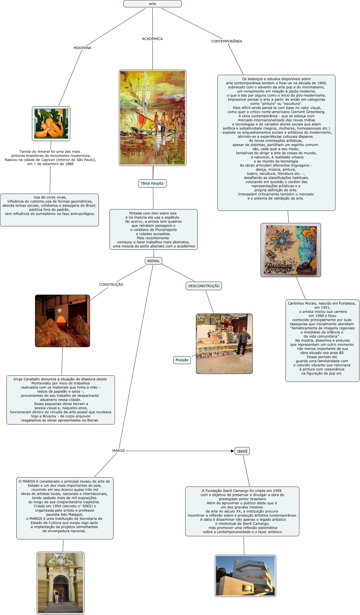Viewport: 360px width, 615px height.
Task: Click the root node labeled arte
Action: click(152, 4)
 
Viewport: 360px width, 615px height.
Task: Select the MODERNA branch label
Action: click(82, 48)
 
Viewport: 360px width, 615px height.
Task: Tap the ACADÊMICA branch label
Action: click(152, 39)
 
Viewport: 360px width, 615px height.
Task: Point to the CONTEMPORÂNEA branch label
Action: click(226, 41)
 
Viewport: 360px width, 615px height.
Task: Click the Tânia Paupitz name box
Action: click(152, 183)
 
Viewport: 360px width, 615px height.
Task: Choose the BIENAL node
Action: click(154, 261)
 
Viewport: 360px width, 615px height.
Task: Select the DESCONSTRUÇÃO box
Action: click(204, 286)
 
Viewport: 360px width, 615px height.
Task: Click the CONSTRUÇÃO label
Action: click(111, 285)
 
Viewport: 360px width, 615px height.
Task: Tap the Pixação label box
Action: click(182, 360)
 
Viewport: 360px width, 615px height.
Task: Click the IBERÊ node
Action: click(242, 451)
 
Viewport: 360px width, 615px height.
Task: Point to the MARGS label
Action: click(119, 451)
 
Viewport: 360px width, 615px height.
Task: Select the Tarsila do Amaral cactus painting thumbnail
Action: click(51, 124)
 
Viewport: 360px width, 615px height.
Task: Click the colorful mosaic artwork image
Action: click(291, 250)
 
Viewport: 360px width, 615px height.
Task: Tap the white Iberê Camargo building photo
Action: click(245, 576)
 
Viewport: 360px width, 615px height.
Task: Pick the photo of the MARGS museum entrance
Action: click(60, 583)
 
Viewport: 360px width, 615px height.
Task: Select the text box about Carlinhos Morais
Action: click(322, 340)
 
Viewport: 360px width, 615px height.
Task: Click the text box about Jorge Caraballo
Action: click(60, 400)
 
